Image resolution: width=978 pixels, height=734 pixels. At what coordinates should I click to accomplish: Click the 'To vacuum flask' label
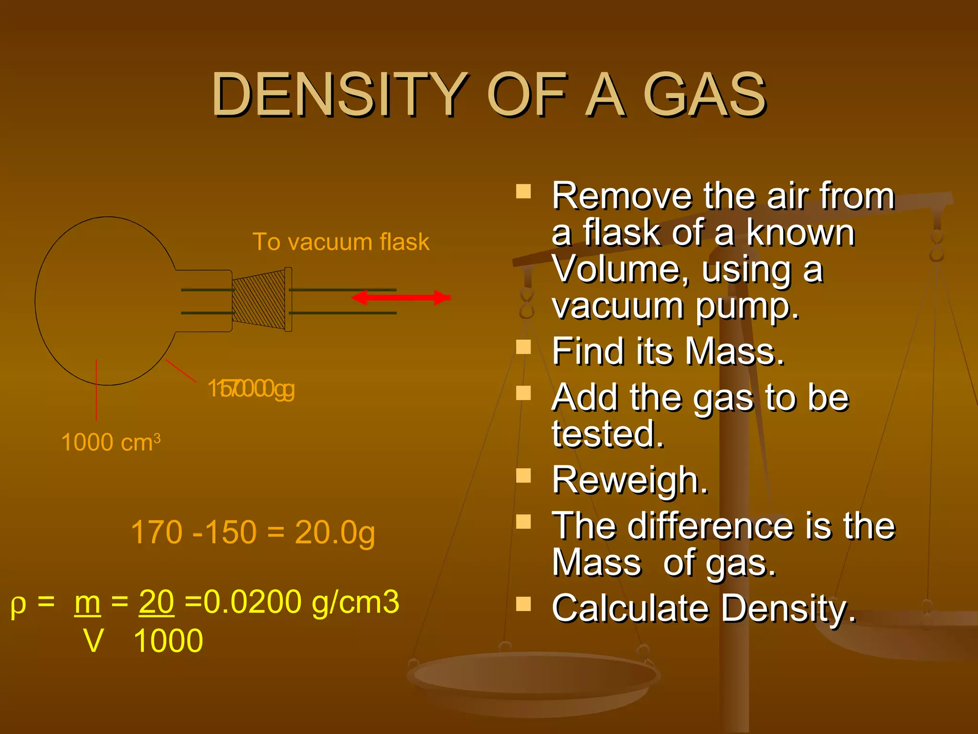point(340,242)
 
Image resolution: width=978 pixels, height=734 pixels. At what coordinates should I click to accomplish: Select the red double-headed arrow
point(401,298)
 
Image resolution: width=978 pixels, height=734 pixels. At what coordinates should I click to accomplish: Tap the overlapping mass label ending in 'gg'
point(251,389)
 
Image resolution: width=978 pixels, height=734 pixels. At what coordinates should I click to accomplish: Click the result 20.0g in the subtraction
point(335,532)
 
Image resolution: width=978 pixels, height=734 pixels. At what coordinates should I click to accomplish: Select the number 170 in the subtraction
point(157,532)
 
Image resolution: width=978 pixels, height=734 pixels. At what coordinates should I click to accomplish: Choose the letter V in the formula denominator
point(93,641)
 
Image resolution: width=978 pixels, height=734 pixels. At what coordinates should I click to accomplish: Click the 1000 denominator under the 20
point(168,641)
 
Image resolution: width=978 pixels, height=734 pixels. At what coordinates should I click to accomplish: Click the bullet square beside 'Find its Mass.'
point(524,346)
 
